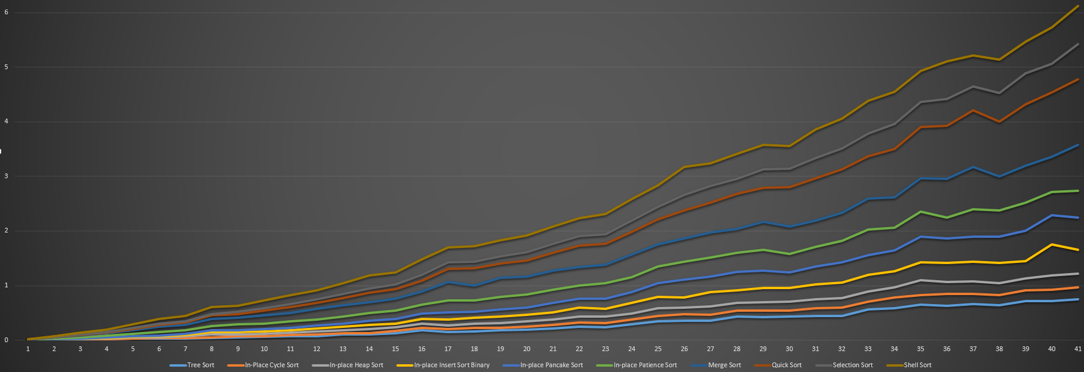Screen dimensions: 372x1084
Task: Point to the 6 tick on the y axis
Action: (x=6, y=13)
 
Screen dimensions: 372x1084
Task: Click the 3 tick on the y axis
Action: (x=6, y=176)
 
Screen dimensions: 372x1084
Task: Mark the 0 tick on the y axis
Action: (x=6, y=340)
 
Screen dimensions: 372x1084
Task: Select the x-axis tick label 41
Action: (x=1077, y=349)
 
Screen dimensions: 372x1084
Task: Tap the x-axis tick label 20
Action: (x=527, y=349)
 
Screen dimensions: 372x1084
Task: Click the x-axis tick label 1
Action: (x=28, y=349)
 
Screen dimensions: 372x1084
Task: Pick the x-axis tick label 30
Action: (x=789, y=349)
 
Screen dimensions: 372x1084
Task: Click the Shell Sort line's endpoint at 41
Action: (x=1077, y=6)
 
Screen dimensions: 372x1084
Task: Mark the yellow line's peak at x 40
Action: (x=1052, y=244)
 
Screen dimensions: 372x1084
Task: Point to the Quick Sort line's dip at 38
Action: (x=999, y=122)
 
